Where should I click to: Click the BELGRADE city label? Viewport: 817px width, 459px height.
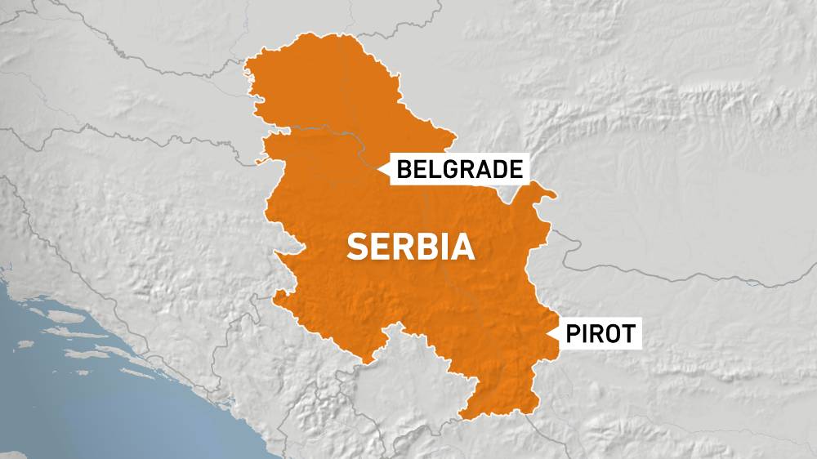459,169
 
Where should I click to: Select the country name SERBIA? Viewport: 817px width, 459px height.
411,246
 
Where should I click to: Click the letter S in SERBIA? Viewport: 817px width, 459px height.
357,247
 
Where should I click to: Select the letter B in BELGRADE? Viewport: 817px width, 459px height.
404,169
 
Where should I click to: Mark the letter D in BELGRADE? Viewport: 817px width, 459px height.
499,169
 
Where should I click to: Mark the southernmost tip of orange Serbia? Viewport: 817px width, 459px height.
466,419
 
